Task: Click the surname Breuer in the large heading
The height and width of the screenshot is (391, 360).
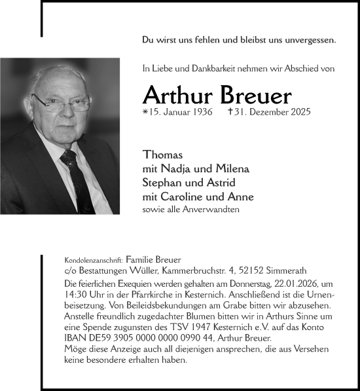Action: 252,96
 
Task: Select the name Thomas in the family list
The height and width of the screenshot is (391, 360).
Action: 162,155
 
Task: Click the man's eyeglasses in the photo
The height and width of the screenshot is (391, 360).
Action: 62,103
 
